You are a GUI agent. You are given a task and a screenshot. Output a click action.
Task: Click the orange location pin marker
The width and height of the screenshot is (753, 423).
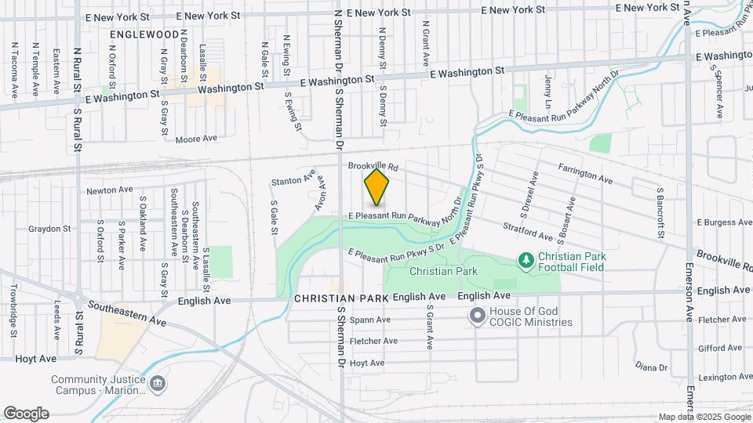(377, 187)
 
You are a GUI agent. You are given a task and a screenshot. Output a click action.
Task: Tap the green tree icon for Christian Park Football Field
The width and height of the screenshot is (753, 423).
(526, 259)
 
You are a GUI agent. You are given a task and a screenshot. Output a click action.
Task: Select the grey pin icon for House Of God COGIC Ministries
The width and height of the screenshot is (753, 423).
(477, 316)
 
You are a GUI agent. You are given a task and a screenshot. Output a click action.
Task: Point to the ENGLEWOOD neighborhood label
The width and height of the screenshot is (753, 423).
(145, 35)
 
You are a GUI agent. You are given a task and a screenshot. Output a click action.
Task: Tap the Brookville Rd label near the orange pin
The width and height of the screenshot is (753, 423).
(373, 167)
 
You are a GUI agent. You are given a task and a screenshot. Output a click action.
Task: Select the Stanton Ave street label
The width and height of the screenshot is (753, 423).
(293, 181)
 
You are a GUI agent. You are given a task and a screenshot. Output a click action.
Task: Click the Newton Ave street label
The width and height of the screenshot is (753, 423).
(111, 190)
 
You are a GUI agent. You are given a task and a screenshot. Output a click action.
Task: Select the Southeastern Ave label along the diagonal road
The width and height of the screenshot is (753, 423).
(127, 312)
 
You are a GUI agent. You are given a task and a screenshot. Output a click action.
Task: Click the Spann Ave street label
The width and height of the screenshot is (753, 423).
(370, 320)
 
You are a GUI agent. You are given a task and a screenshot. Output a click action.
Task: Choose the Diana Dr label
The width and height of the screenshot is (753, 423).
(651, 367)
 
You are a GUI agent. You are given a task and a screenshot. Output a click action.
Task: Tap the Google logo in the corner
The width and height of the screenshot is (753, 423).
(26, 414)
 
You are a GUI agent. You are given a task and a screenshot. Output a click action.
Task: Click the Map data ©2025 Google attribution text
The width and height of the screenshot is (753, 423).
(703, 417)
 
